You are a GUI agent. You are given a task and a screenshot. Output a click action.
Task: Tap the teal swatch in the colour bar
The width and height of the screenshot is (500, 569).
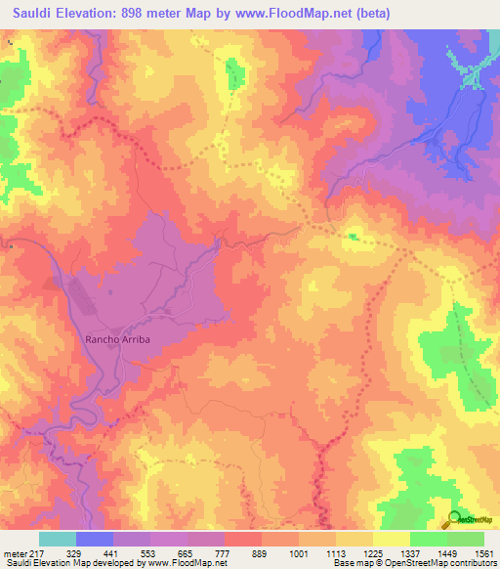coord(58,538)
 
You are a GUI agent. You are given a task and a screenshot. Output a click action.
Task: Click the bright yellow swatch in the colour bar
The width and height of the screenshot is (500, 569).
coord(392,538)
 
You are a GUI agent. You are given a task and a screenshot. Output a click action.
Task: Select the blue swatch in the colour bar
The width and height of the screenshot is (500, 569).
coord(95,538)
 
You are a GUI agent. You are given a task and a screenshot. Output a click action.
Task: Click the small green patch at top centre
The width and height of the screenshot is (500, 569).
coord(233,74)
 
